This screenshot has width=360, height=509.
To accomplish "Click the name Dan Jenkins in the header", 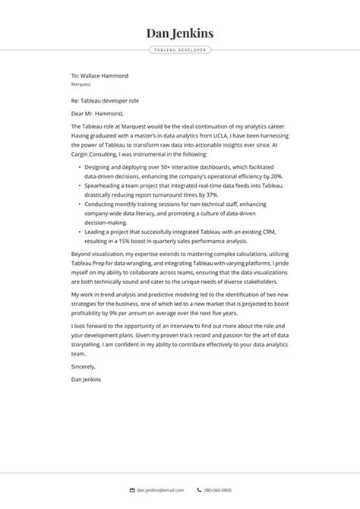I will pyautogui.click(x=180, y=33).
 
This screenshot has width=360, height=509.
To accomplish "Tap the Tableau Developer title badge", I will pyautogui.click(x=180, y=50).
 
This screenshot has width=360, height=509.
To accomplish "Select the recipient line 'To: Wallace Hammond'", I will pyautogui.click(x=99, y=76).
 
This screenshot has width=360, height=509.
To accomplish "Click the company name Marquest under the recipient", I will pyautogui.click(x=81, y=85).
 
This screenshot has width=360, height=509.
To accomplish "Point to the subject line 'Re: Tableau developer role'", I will pyautogui.click(x=105, y=100).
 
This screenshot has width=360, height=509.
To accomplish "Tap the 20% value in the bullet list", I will pyautogui.click(x=276, y=175).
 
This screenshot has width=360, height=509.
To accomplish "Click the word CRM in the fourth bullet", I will pyautogui.click(x=273, y=232).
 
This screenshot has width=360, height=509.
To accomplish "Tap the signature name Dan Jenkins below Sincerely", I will pyautogui.click(x=85, y=378).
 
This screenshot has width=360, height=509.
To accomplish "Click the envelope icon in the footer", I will pyautogui.click(x=132, y=491).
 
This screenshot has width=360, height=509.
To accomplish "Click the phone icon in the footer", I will pyautogui.click(x=199, y=491).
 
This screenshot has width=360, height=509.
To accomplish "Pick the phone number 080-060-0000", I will pyautogui.click(x=219, y=491).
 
